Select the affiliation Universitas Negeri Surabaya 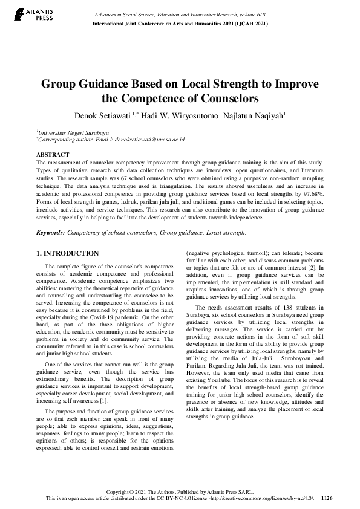pos(73,132)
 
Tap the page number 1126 pos(327,499)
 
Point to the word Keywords pos(50,232)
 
